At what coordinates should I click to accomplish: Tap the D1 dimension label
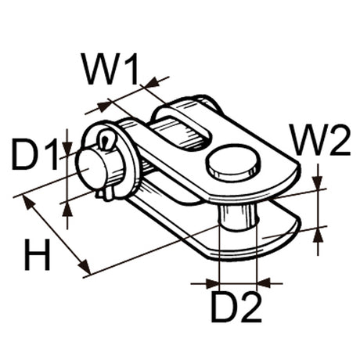36,155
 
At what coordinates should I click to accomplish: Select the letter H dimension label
38,255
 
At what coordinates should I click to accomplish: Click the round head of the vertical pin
233,160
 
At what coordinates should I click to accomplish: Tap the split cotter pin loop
106,140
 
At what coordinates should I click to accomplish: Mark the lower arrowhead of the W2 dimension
318,232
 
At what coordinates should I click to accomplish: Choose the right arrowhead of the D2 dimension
262,283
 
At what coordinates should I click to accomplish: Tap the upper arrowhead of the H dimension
29,202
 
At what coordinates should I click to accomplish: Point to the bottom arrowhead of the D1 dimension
67,207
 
